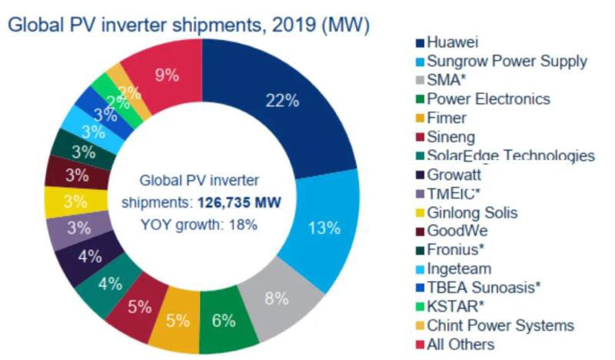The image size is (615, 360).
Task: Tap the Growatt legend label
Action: pyautogui.click(x=454, y=174)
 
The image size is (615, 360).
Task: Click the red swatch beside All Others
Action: pyautogui.click(x=418, y=344)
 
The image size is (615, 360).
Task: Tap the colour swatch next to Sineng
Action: pyautogui.click(x=418, y=137)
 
